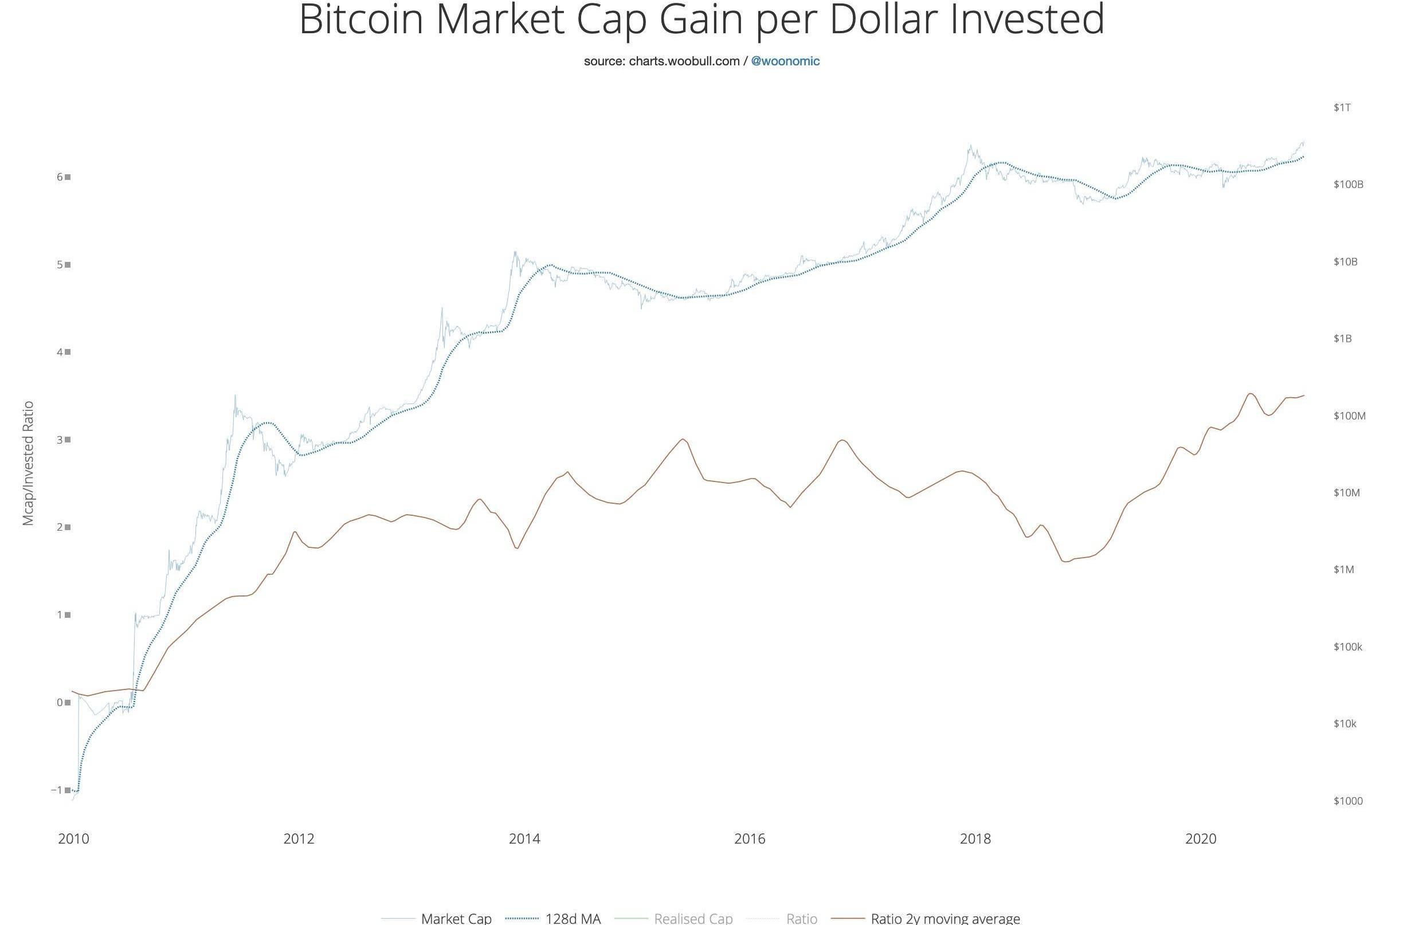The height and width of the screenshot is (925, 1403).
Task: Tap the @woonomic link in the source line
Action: tap(785, 61)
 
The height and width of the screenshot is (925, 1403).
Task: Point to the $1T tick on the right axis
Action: tap(1342, 107)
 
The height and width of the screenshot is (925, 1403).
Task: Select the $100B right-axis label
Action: tap(1348, 185)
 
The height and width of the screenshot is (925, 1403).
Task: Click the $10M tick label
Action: tap(1346, 492)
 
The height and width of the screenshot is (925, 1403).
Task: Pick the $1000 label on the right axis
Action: tap(1348, 801)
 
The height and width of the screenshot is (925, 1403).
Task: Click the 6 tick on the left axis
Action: tap(60, 177)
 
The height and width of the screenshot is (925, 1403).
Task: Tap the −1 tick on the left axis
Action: tap(57, 790)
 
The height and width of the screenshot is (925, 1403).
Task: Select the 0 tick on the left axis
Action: tap(60, 702)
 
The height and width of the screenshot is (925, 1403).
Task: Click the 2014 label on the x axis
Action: tap(524, 838)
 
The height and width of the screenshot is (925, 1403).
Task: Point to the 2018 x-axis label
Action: tap(975, 838)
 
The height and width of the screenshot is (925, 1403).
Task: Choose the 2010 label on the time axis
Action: tap(73, 838)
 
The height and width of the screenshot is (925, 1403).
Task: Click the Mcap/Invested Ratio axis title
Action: tap(28, 463)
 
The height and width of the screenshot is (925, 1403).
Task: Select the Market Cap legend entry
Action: tap(456, 918)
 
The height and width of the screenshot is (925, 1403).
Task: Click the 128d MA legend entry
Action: tap(573, 918)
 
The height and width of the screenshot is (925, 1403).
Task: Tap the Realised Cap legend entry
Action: tap(693, 918)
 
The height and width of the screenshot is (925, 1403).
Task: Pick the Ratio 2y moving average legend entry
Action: tap(945, 918)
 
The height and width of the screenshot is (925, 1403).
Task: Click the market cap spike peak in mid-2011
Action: tap(236, 396)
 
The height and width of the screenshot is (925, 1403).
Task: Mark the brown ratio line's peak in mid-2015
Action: tap(683, 439)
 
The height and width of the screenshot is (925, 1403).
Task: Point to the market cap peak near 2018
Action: tap(969, 144)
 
